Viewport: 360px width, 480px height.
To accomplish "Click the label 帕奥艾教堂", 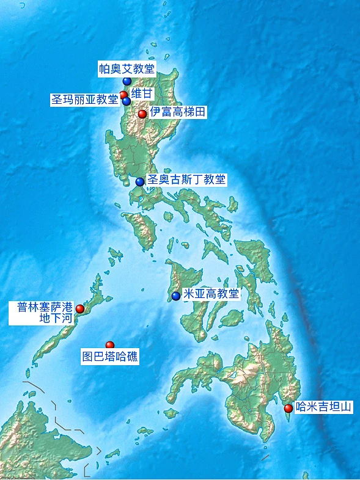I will [127, 68].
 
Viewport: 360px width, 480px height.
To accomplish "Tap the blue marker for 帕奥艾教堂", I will [127, 81].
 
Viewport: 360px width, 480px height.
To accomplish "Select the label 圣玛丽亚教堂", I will [84, 100].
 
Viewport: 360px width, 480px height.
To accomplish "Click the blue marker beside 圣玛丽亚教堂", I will [127, 101].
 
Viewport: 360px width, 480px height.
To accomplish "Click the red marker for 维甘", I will [123, 95].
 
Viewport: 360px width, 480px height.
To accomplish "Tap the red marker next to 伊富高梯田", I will [142, 114].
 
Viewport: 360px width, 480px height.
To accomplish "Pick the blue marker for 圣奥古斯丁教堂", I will [140, 181].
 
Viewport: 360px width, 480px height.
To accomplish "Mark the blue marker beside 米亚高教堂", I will [176, 296].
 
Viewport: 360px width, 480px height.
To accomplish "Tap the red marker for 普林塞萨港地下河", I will [79, 309].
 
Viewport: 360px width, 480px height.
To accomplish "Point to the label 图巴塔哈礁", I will [110, 357].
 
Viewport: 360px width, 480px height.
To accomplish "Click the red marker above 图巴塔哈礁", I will [110, 346].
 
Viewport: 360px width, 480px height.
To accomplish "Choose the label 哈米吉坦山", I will [324, 406].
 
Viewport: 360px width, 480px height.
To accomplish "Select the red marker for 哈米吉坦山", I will [288, 408].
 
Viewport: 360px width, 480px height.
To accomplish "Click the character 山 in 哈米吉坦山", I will [347, 406].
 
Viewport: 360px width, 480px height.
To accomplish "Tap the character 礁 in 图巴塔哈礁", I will [133, 357].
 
